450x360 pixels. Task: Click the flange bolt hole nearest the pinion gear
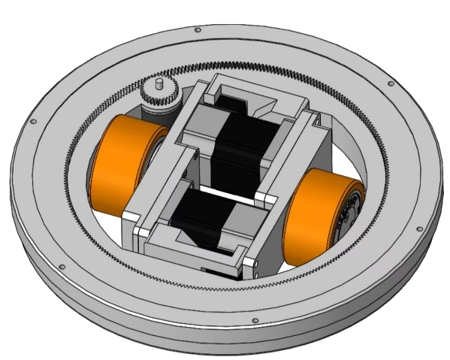pos(198,30)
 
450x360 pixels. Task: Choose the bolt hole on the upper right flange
pos(390,83)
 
